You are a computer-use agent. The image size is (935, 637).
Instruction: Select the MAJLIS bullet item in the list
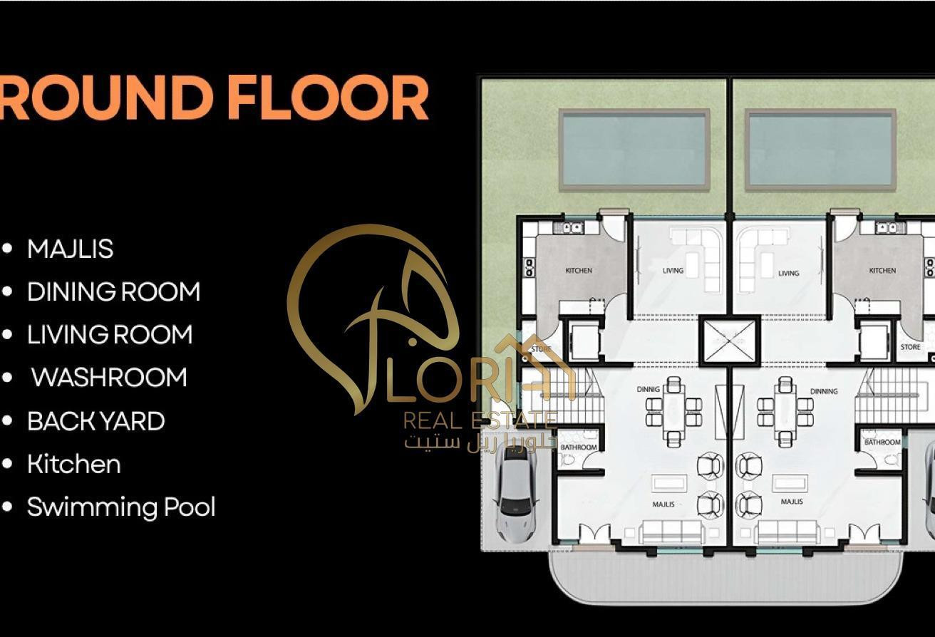click(x=70, y=249)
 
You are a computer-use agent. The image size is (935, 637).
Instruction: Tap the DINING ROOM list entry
click(x=113, y=292)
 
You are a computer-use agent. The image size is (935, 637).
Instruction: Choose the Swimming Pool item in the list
click(x=120, y=507)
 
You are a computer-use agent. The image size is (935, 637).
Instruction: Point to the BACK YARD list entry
click(x=95, y=421)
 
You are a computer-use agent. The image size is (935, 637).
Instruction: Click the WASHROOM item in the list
click(x=108, y=378)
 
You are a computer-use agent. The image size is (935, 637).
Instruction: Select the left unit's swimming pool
click(x=634, y=150)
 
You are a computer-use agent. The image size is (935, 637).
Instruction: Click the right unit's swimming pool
click(x=820, y=150)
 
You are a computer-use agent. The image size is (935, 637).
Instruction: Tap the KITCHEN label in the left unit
click(x=578, y=271)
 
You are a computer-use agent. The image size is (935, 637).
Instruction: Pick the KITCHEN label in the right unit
click(x=882, y=271)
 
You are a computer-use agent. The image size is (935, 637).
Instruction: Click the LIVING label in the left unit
click(x=673, y=271)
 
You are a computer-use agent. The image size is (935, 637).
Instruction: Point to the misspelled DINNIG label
click(x=648, y=390)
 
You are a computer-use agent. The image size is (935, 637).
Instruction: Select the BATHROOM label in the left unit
click(x=578, y=447)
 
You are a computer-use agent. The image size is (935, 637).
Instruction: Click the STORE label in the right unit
click(x=910, y=347)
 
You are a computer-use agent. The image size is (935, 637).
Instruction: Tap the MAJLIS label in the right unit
click(x=792, y=502)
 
